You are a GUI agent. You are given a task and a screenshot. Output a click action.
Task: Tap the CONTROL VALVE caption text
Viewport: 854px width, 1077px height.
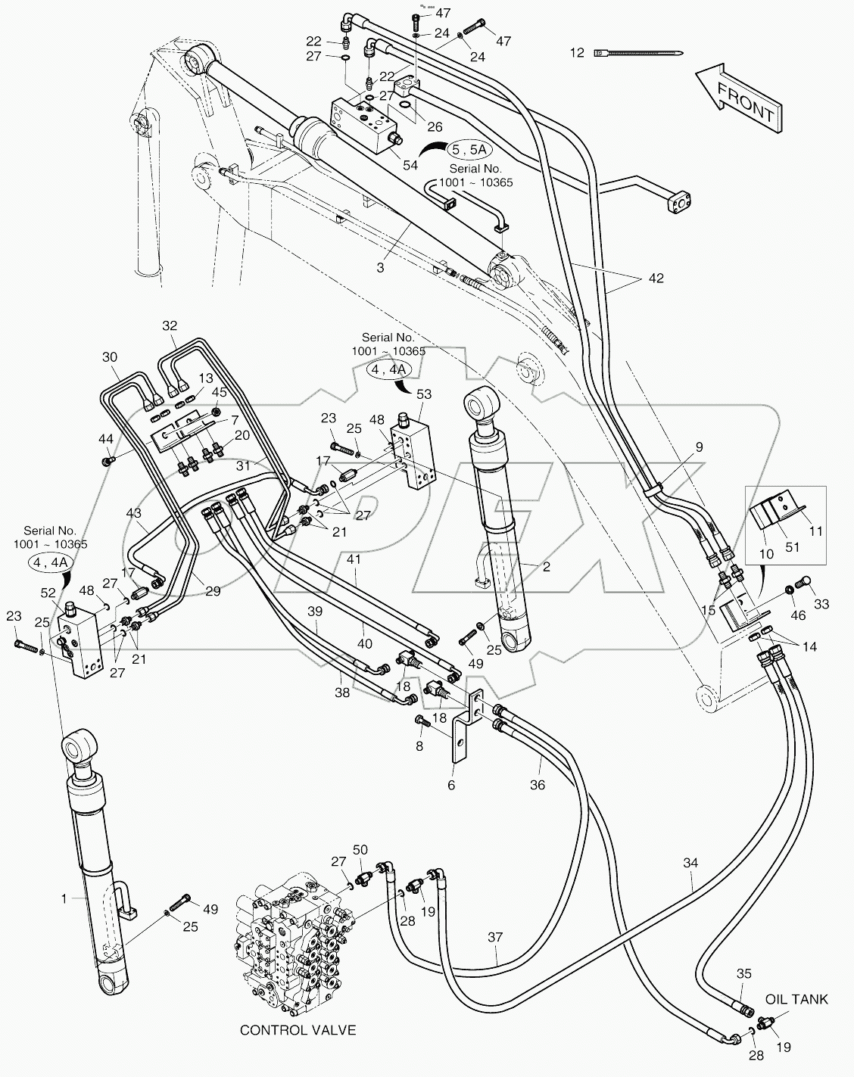coord(298,1030)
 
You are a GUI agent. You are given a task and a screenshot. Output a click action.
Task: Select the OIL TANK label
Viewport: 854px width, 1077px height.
coord(796,999)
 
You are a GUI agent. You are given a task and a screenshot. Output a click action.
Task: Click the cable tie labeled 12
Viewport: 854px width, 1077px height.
coord(640,53)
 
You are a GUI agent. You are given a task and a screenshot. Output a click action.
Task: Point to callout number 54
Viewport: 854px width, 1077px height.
coord(410,165)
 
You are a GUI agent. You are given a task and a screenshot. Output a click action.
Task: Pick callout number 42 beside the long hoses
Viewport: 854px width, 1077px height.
coord(655,279)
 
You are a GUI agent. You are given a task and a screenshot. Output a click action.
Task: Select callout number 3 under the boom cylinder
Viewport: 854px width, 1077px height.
coord(380,267)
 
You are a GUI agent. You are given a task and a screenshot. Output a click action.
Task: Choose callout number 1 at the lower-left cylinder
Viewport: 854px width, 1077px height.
coord(64,898)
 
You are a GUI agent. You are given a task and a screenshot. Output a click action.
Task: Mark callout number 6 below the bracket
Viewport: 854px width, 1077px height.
coord(451,785)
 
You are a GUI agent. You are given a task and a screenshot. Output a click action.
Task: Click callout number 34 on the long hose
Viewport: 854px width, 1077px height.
coord(690,862)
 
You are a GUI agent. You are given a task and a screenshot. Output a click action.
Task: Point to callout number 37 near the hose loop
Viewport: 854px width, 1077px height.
coord(494,937)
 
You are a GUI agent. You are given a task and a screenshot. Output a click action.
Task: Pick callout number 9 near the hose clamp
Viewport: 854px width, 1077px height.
coord(699,447)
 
